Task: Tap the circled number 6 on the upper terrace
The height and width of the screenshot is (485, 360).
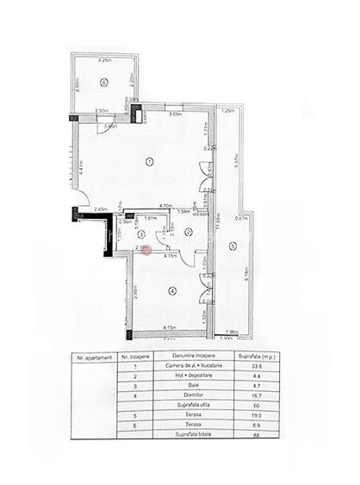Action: [x=102, y=83]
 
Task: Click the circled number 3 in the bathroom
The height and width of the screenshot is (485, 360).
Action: [x=128, y=235]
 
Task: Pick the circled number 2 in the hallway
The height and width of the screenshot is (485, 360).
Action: [x=188, y=233]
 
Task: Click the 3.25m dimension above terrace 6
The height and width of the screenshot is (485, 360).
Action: [x=105, y=60]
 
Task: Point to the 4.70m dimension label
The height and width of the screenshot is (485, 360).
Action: [x=154, y=207]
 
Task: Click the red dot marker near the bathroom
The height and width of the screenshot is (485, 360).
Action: [x=146, y=250]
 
